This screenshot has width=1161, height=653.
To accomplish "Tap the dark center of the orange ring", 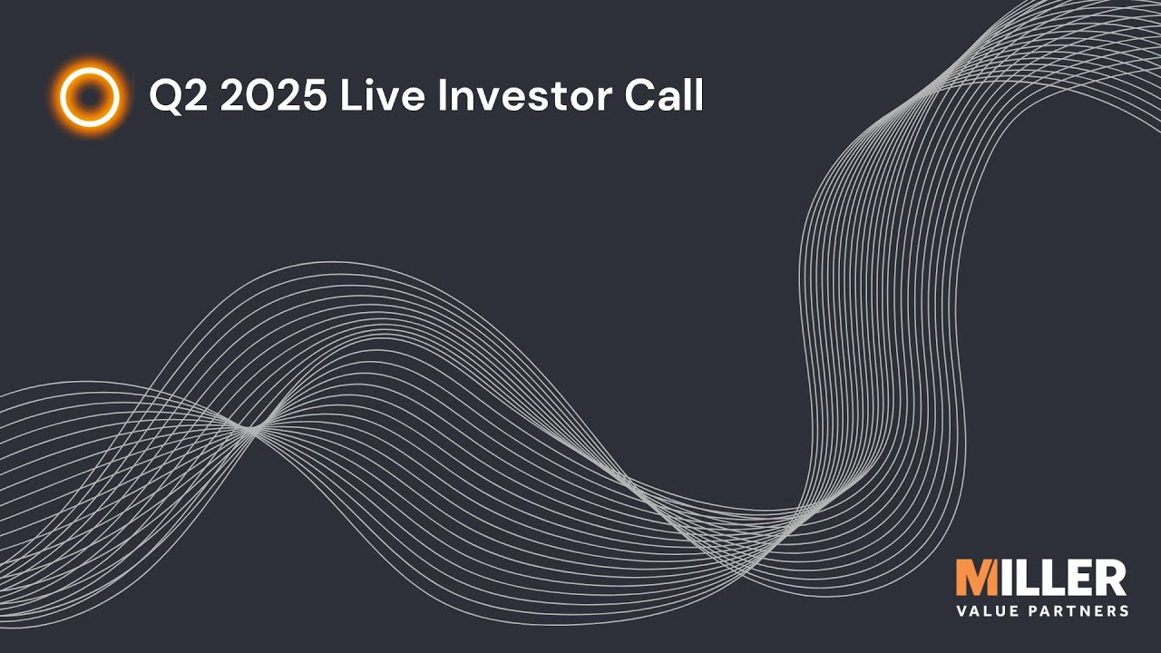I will click(x=90, y=96).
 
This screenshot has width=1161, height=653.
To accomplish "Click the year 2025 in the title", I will click(x=273, y=96).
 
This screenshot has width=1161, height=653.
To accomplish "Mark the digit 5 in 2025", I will click(x=312, y=96).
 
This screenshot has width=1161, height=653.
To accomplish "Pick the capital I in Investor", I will click(x=443, y=96).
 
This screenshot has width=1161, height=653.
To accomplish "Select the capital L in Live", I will click(x=348, y=96).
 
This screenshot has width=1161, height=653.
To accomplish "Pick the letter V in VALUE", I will click(x=962, y=610).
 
